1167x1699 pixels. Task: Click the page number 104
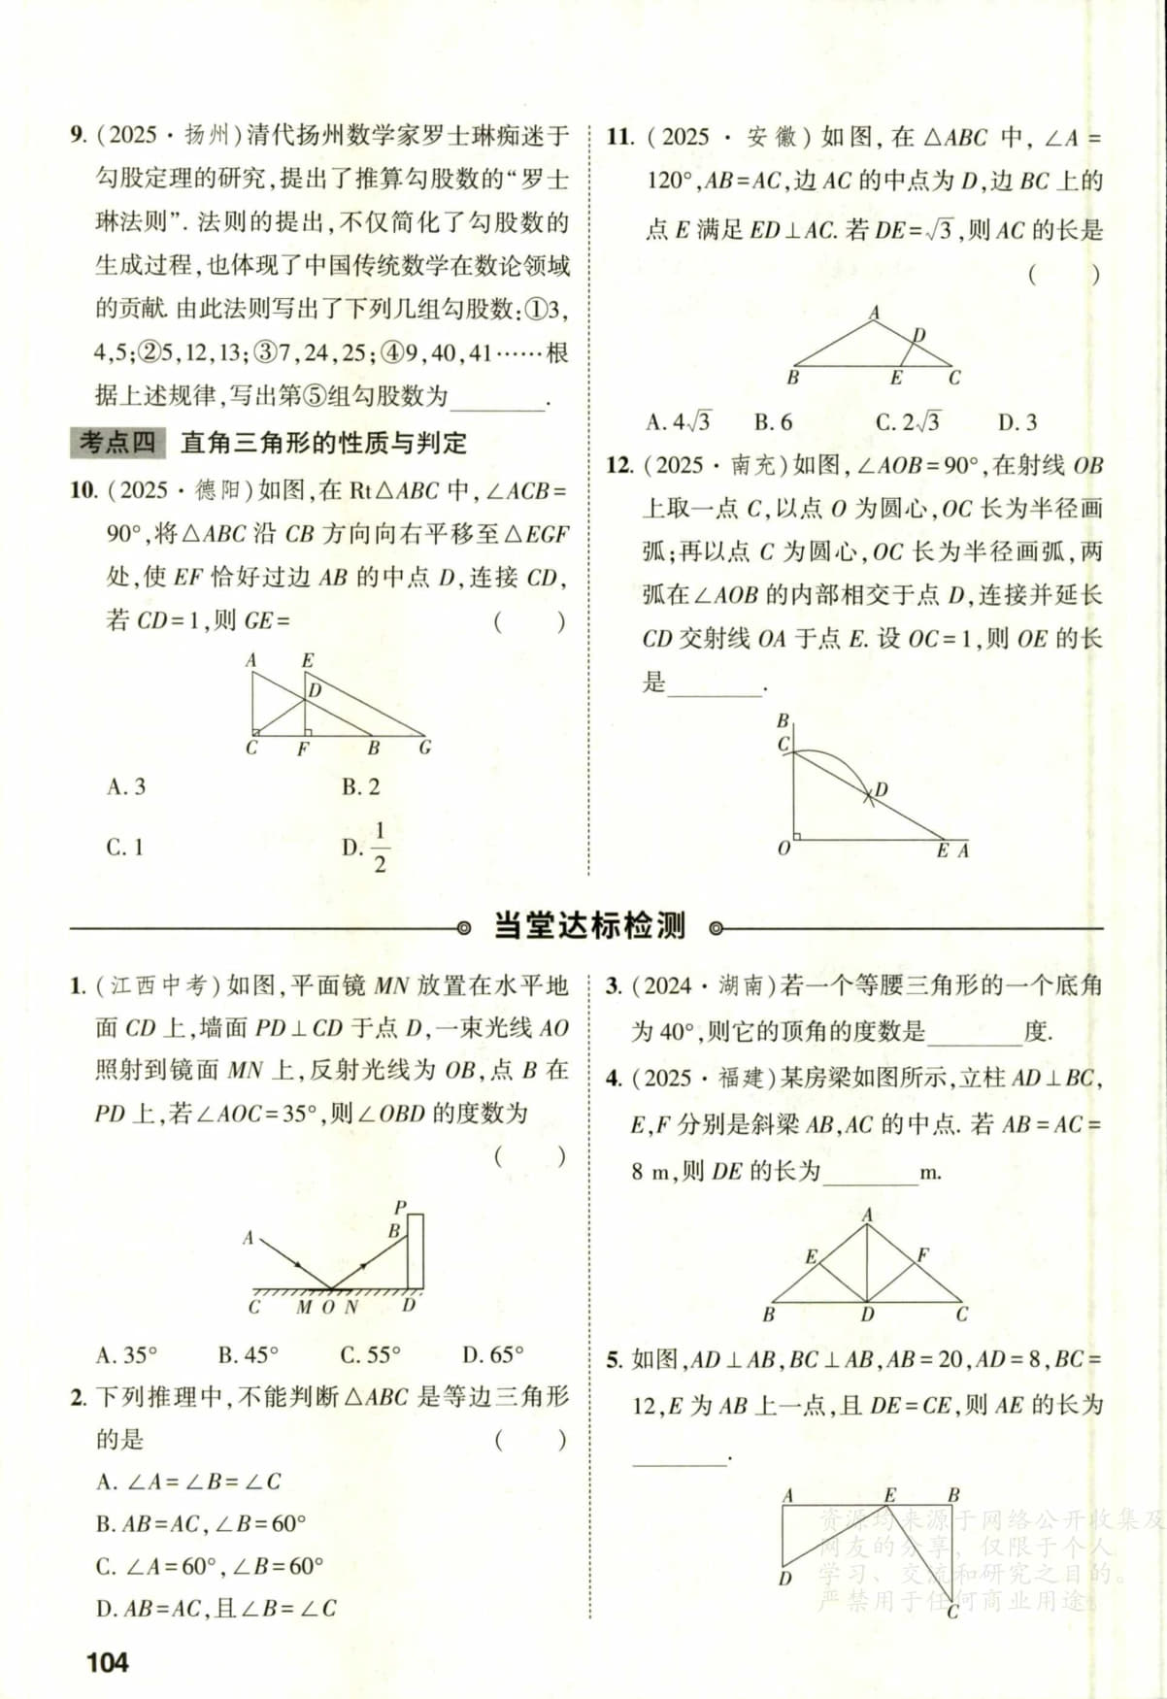[x=107, y=1662]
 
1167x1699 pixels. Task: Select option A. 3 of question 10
[x=126, y=786]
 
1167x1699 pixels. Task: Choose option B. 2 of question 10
[x=361, y=786]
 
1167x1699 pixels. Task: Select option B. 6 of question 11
[x=773, y=422]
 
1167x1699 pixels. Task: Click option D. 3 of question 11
[x=1017, y=422]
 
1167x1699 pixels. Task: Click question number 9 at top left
[x=78, y=135]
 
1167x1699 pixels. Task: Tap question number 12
[x=619, y=465]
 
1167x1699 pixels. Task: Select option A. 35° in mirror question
[x=126, y=1354]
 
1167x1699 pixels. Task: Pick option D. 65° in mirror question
[x=492, y=1354]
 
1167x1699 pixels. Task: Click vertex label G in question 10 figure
[x=424, y=749]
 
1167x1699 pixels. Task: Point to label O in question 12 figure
[x=784, y=849]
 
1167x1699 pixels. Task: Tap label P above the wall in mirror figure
[x=400, y=1208]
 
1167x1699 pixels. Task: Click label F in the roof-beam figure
[x=922, y=1255]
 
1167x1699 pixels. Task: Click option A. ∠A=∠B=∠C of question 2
[x=188, y=1482]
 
